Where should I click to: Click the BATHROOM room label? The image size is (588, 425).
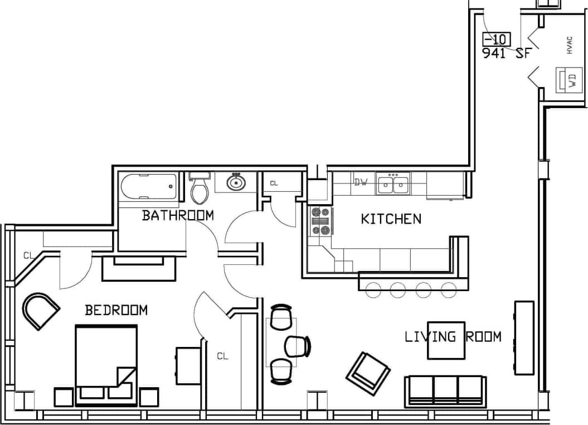(177, 215)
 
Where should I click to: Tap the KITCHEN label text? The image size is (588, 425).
(391, 219)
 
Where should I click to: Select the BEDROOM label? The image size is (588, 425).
(116, 310)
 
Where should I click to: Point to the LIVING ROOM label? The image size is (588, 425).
(453, 337)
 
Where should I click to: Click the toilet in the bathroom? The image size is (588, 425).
(199, 189)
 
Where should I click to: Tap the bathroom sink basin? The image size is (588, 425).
(236, 182)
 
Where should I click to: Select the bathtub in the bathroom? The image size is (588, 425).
(149, 186)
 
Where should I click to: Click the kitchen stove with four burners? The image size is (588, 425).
(320, 221)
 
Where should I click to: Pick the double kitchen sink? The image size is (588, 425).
(393, 184)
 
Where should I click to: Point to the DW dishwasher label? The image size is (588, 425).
(361, 182)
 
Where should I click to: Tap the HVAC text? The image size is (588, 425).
(569, 45)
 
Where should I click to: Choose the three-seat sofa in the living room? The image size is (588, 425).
(445, 390)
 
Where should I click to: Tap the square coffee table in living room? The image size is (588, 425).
(446, 340)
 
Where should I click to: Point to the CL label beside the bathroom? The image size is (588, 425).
(274, 183)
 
